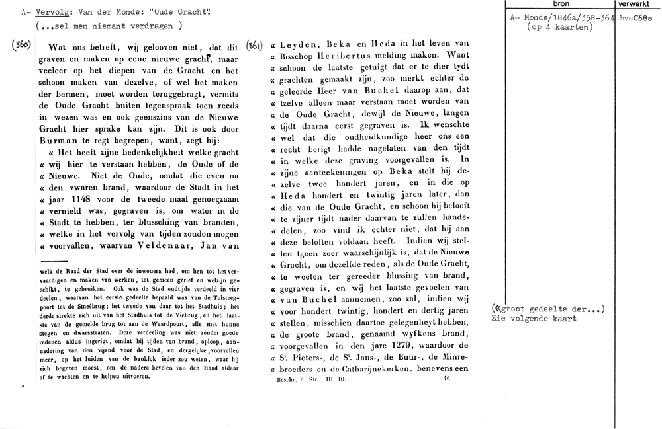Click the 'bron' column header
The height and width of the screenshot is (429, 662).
[560, 4]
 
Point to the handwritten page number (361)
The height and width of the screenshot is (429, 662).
[256, 46]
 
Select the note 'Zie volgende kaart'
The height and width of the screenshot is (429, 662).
[533, 318]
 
